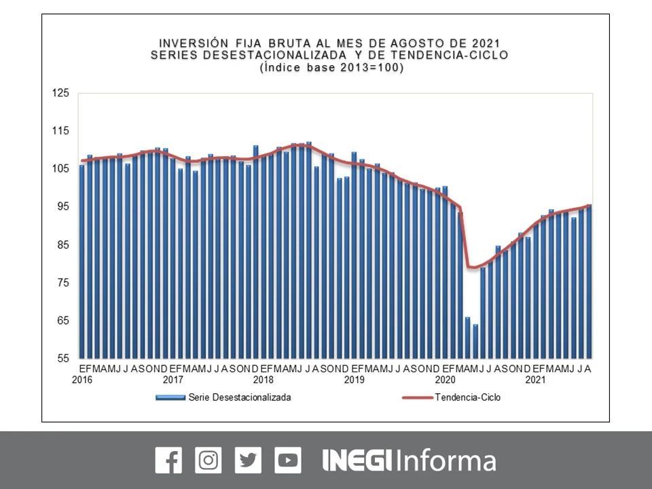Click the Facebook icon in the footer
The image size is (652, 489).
[168, 460]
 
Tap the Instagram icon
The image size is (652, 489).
[208, 460]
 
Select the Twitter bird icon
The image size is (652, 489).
[248, 460]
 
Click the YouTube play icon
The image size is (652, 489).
[288, 460]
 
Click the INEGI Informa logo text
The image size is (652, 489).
[409, 460]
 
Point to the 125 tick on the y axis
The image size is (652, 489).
[61, 93]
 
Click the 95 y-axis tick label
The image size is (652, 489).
[62, 206]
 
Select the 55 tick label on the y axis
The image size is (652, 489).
[62, 358]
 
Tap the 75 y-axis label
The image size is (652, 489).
[62, 283]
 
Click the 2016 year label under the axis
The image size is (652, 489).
[82, 380]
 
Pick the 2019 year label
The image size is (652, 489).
[354, 380]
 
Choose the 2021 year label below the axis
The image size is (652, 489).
[535, 380]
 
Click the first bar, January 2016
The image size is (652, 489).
[82, 261]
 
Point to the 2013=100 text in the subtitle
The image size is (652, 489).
[367, 67]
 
